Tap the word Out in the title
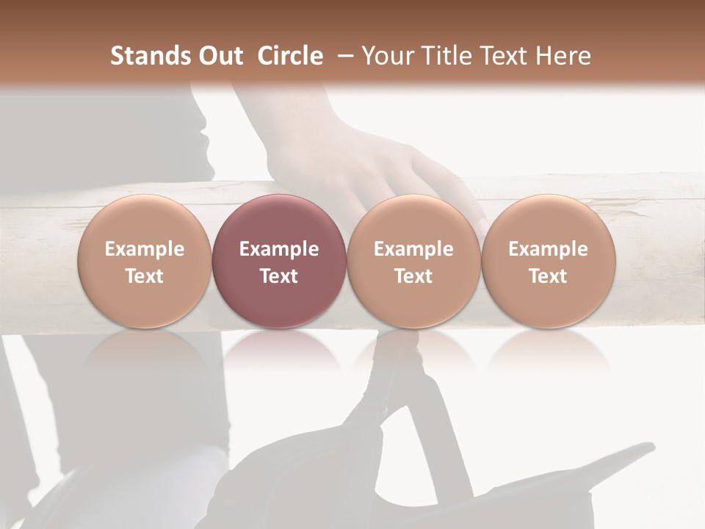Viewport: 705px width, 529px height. [219, 56]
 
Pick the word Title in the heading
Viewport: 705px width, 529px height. [444, 56]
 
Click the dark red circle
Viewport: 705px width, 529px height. [279, 262]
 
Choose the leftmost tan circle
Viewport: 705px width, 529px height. [144, 262]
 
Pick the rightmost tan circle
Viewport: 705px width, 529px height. [548, 262]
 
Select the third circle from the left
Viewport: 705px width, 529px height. [413, 262]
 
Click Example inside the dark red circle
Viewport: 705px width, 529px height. [279, 249]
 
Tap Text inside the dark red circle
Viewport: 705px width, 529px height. [279, 276]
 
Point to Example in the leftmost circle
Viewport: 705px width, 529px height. [144, 249]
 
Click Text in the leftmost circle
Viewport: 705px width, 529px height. [144, 276]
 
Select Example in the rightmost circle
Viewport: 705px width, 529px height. [548, 249]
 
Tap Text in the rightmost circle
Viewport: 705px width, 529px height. [548, 276]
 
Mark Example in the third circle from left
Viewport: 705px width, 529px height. [413, 249]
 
